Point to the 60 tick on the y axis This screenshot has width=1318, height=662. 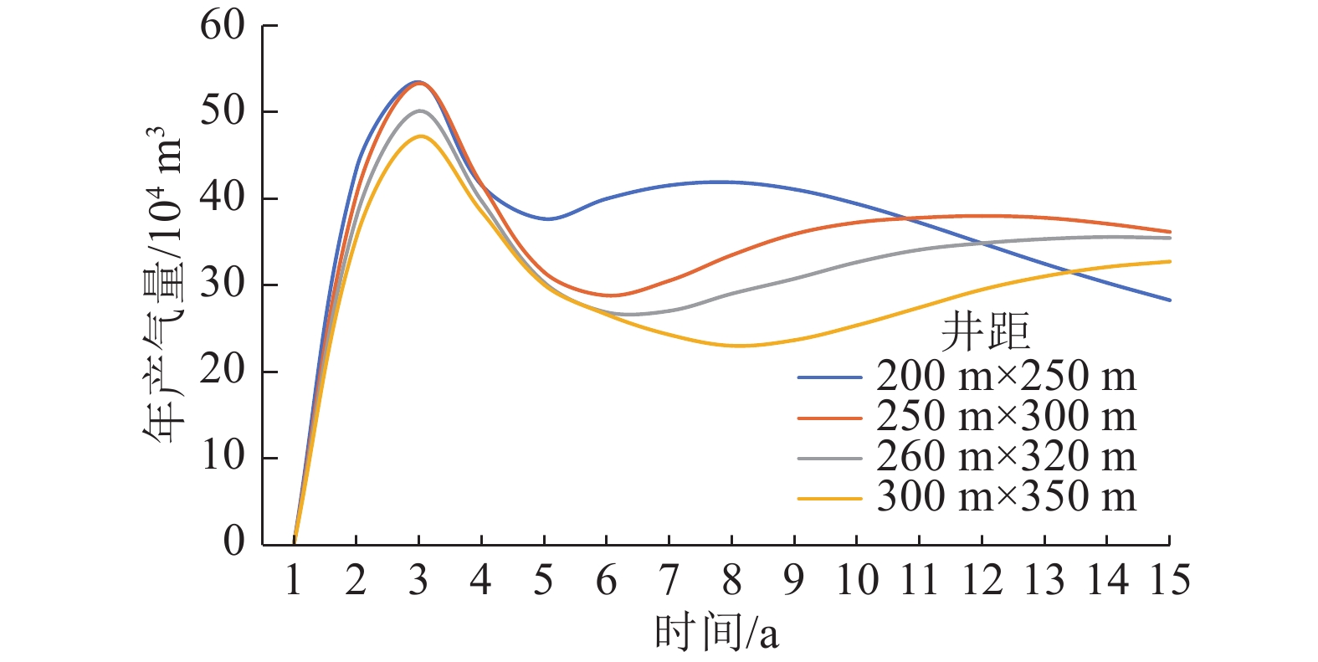coord(222,26)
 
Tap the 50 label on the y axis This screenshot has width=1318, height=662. coord(222,112)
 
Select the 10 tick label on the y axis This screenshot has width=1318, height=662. coord(222,458)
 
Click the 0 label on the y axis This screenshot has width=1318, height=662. coord(233,542)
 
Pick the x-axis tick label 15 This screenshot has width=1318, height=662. coord(1169,580)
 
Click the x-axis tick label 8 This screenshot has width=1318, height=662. coord(731,580)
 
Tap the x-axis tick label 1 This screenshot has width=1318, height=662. coord(294,580)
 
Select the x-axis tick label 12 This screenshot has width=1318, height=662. coord(982,580)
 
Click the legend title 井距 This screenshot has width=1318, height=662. coord(985,331)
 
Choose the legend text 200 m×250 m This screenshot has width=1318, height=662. coord(1006,377)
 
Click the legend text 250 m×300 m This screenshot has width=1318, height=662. coord(1006,417)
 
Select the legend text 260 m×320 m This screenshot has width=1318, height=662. coord(1006,457)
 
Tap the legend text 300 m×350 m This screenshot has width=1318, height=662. coord(1006,497)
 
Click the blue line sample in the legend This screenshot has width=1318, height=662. coord(829,377)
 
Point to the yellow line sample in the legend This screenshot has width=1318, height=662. coord(829,499)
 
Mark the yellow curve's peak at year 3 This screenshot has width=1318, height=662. coord(419,136)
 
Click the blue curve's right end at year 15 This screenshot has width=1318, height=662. coord(1169,300)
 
